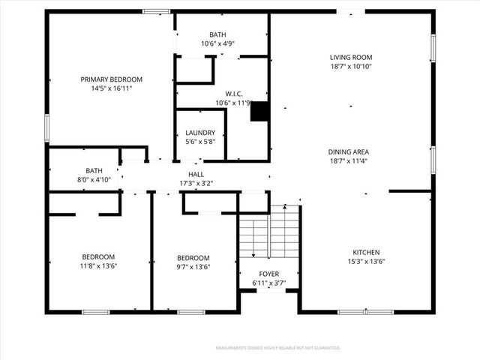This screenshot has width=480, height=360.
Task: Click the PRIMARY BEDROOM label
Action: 112,79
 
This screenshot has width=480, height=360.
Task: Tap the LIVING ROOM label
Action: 351,57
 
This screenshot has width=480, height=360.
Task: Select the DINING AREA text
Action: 349,151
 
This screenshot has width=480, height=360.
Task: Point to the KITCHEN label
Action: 367,252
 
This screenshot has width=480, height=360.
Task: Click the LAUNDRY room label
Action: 200,133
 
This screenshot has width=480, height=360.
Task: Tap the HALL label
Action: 196,174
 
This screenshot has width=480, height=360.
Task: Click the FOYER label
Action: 268,274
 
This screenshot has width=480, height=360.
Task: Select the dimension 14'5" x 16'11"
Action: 112,88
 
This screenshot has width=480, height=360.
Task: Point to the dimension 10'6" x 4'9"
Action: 217,43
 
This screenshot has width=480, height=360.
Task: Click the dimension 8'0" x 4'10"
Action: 94,180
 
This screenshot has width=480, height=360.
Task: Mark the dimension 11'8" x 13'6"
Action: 99,266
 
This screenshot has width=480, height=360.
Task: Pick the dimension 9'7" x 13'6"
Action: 193,266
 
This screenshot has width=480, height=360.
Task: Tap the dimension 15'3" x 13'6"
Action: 367,261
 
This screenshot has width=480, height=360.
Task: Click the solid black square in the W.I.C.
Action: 259,112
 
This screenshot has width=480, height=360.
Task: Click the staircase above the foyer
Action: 270,232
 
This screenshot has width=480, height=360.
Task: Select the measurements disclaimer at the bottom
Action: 277,348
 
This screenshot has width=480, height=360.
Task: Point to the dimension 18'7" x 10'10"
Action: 351,66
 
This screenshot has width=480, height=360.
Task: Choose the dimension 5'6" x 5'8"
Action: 200,142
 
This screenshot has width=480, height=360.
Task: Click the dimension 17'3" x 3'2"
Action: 196,183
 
